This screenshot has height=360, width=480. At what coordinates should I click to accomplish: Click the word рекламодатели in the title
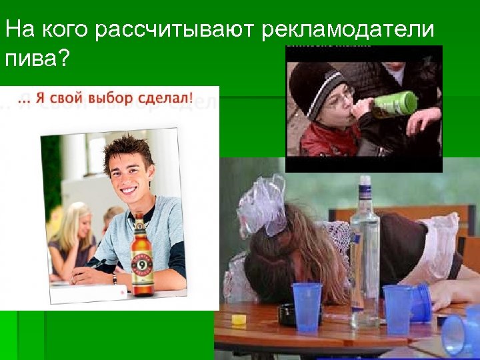pyautogui.click(x=347, y=30)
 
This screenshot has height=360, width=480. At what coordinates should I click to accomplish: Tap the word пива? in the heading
pyautogui.click(x=37, y=59)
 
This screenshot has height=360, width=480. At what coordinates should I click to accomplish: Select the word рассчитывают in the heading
pyautogui.click(x=177, y=31)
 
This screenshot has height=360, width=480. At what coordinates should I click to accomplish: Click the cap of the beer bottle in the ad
pyautogui.click(x=139, y=218)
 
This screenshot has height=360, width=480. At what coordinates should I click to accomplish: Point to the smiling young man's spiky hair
pyautogui.click(x=127, y=147)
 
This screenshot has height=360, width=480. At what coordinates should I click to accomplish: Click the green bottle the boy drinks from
pyautogui.click(x=395, y=105)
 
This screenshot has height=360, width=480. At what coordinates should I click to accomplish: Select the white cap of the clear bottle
pyautogui.click(x=365, y=181)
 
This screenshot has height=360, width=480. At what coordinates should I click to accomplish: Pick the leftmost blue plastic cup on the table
pyautogui.click(x=307, y=306)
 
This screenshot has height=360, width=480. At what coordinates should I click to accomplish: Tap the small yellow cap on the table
pyautogui.click(x=238, y=319)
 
